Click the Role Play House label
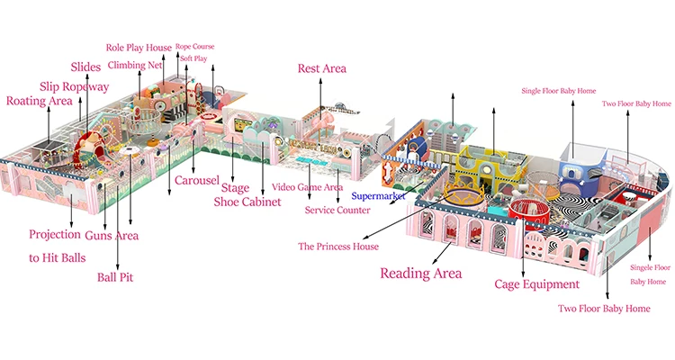tap(139, 48)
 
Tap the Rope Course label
tap(194, 47)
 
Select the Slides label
tap(85, 67)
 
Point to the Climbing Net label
tap(135, 65)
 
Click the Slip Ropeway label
tap(74, 86)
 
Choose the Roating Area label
tap(40, 101)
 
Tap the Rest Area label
tap(321, 68)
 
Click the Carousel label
tap(197, 180)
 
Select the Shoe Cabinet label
tap(247, 202)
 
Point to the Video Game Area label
tap(307, 187)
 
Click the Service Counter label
tap(337, 210)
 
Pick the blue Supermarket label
tap(378, 196)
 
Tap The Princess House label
tap(338, 247)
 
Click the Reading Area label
tap(420, 273)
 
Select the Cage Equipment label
tap(536, 284)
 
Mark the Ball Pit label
tap(115, 277)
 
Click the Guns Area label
tap(112, 236)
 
